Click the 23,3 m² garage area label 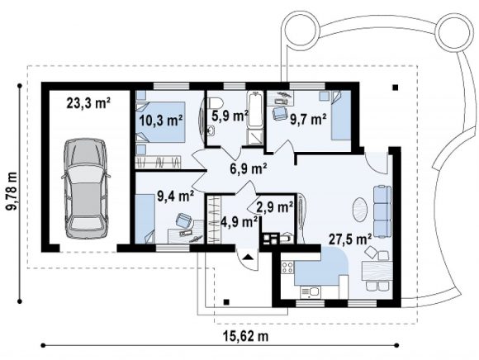coord(88,103)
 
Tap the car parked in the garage coord(86,188)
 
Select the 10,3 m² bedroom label coord(161,121)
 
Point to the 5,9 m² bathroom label coord(230,116)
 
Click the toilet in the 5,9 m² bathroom coord(213,102)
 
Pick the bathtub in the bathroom coord(255,110)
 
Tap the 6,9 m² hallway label coord(249,168)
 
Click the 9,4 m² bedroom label coord(176,196)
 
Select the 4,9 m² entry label coord(239,221)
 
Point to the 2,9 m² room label coord(275,207)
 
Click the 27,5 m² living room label coord(350,239)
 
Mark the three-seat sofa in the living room coord(382,211)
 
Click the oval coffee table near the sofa coord(361,209)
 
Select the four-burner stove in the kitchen coord(287,268)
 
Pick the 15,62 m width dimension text coord(246,336)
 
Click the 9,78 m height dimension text coord(12,191)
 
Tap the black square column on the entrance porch coord(226,302)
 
